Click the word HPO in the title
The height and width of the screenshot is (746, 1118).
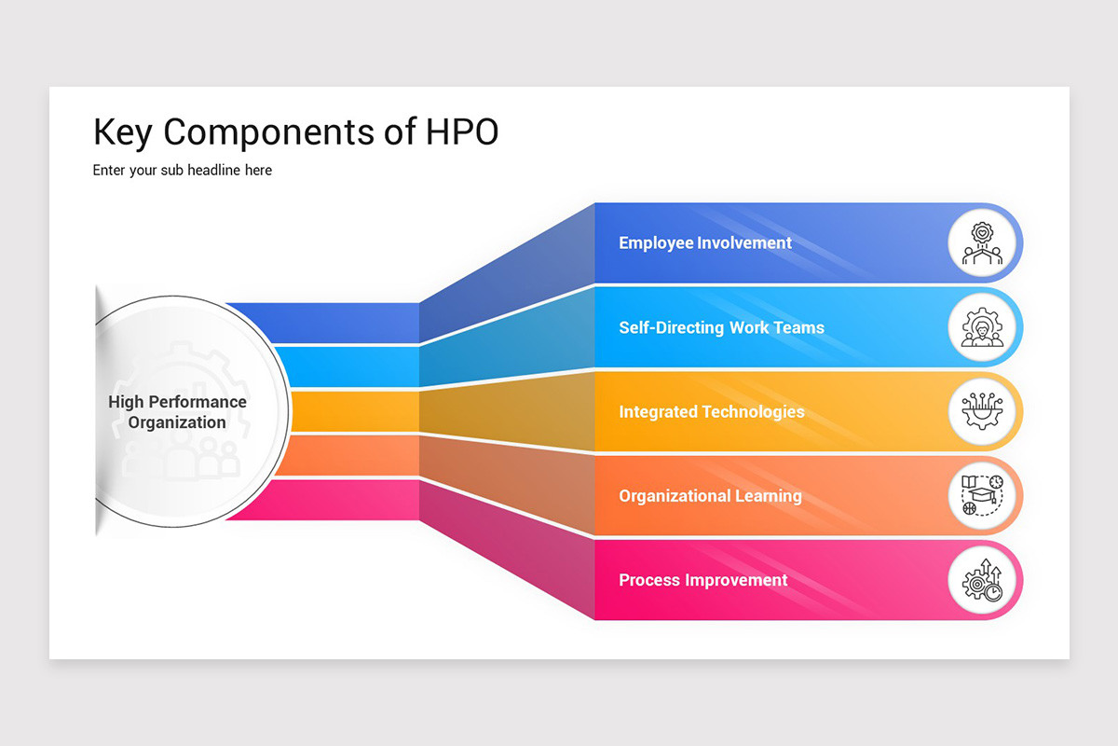coord(462,132)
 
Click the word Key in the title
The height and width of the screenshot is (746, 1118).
coord(123,132)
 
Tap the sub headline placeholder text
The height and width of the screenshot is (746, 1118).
coord(183,171)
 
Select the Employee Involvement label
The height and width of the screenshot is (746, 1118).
coord(705,243)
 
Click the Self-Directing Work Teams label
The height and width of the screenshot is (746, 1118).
coord(721,328)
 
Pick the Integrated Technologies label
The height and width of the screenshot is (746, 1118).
coord(711,412)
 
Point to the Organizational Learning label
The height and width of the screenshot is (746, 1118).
coord(710,496)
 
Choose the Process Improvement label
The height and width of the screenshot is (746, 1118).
coord(703,580)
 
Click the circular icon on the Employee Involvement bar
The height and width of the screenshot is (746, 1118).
coord(982,243)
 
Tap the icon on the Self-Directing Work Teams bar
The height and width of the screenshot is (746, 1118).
coord(982,328)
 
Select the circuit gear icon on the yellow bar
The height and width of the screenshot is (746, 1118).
coord(982,412)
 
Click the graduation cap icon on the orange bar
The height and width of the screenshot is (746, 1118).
coord(982,496)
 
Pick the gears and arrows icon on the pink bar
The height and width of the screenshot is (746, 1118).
coord(982,580)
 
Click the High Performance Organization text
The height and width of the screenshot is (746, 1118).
coord(178,412)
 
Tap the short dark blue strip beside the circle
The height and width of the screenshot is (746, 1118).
coord(345,323)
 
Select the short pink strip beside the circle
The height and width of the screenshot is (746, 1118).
coord(345,500)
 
